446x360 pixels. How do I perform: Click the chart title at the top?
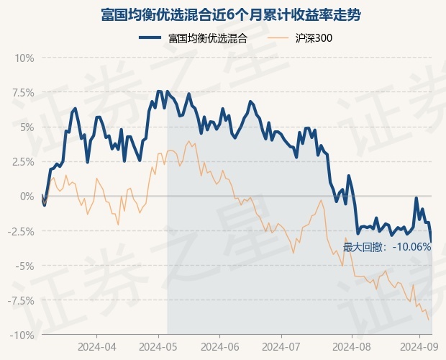pyautogui.click(x=231, y=15)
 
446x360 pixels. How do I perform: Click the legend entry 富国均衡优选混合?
pyautogui.click(x=208, y=38)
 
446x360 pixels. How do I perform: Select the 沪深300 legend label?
pyautogui.click(x=314, y=38)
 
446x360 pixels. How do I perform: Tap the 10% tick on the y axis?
pyautogui.click(x=24, y=58)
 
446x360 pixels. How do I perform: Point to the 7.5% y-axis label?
pyautogui.click(x=23, y=93)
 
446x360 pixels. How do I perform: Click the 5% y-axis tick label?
pyautogui.click(x=27, y=127)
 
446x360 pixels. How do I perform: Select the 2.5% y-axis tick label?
pyautogui.click(x=23, y=162)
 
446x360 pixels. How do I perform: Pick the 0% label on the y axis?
pyautogui.click(x=27, y=197)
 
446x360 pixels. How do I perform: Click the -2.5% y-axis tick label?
pyautogui.click(x=21, y=231)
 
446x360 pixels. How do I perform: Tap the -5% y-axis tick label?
pyautogui.click(x=26, y=266)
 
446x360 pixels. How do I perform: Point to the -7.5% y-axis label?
pyautogui.click(x=21, y=300)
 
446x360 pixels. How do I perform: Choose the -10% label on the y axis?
pyautogui.click(x=22, y=336)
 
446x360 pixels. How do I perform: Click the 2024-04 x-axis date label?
pyautogui.click(x=96, y=347)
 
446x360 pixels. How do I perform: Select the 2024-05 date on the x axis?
pyautogui.click(x=158, y=347)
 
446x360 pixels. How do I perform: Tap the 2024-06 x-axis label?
pyautogui.click(x=220, y=347)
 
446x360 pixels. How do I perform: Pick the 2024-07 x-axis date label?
pyautogui.click(x=281, y=347)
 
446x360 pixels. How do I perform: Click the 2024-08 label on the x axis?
pyautogui.click(x=352, y=347)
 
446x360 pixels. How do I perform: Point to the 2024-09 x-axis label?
pyautogui.click(x=419, y=347)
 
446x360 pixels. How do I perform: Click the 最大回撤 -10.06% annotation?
pyautogui.click(x=387, y=247)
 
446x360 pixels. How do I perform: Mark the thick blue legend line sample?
pyautogui.click(x=150, y=38)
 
